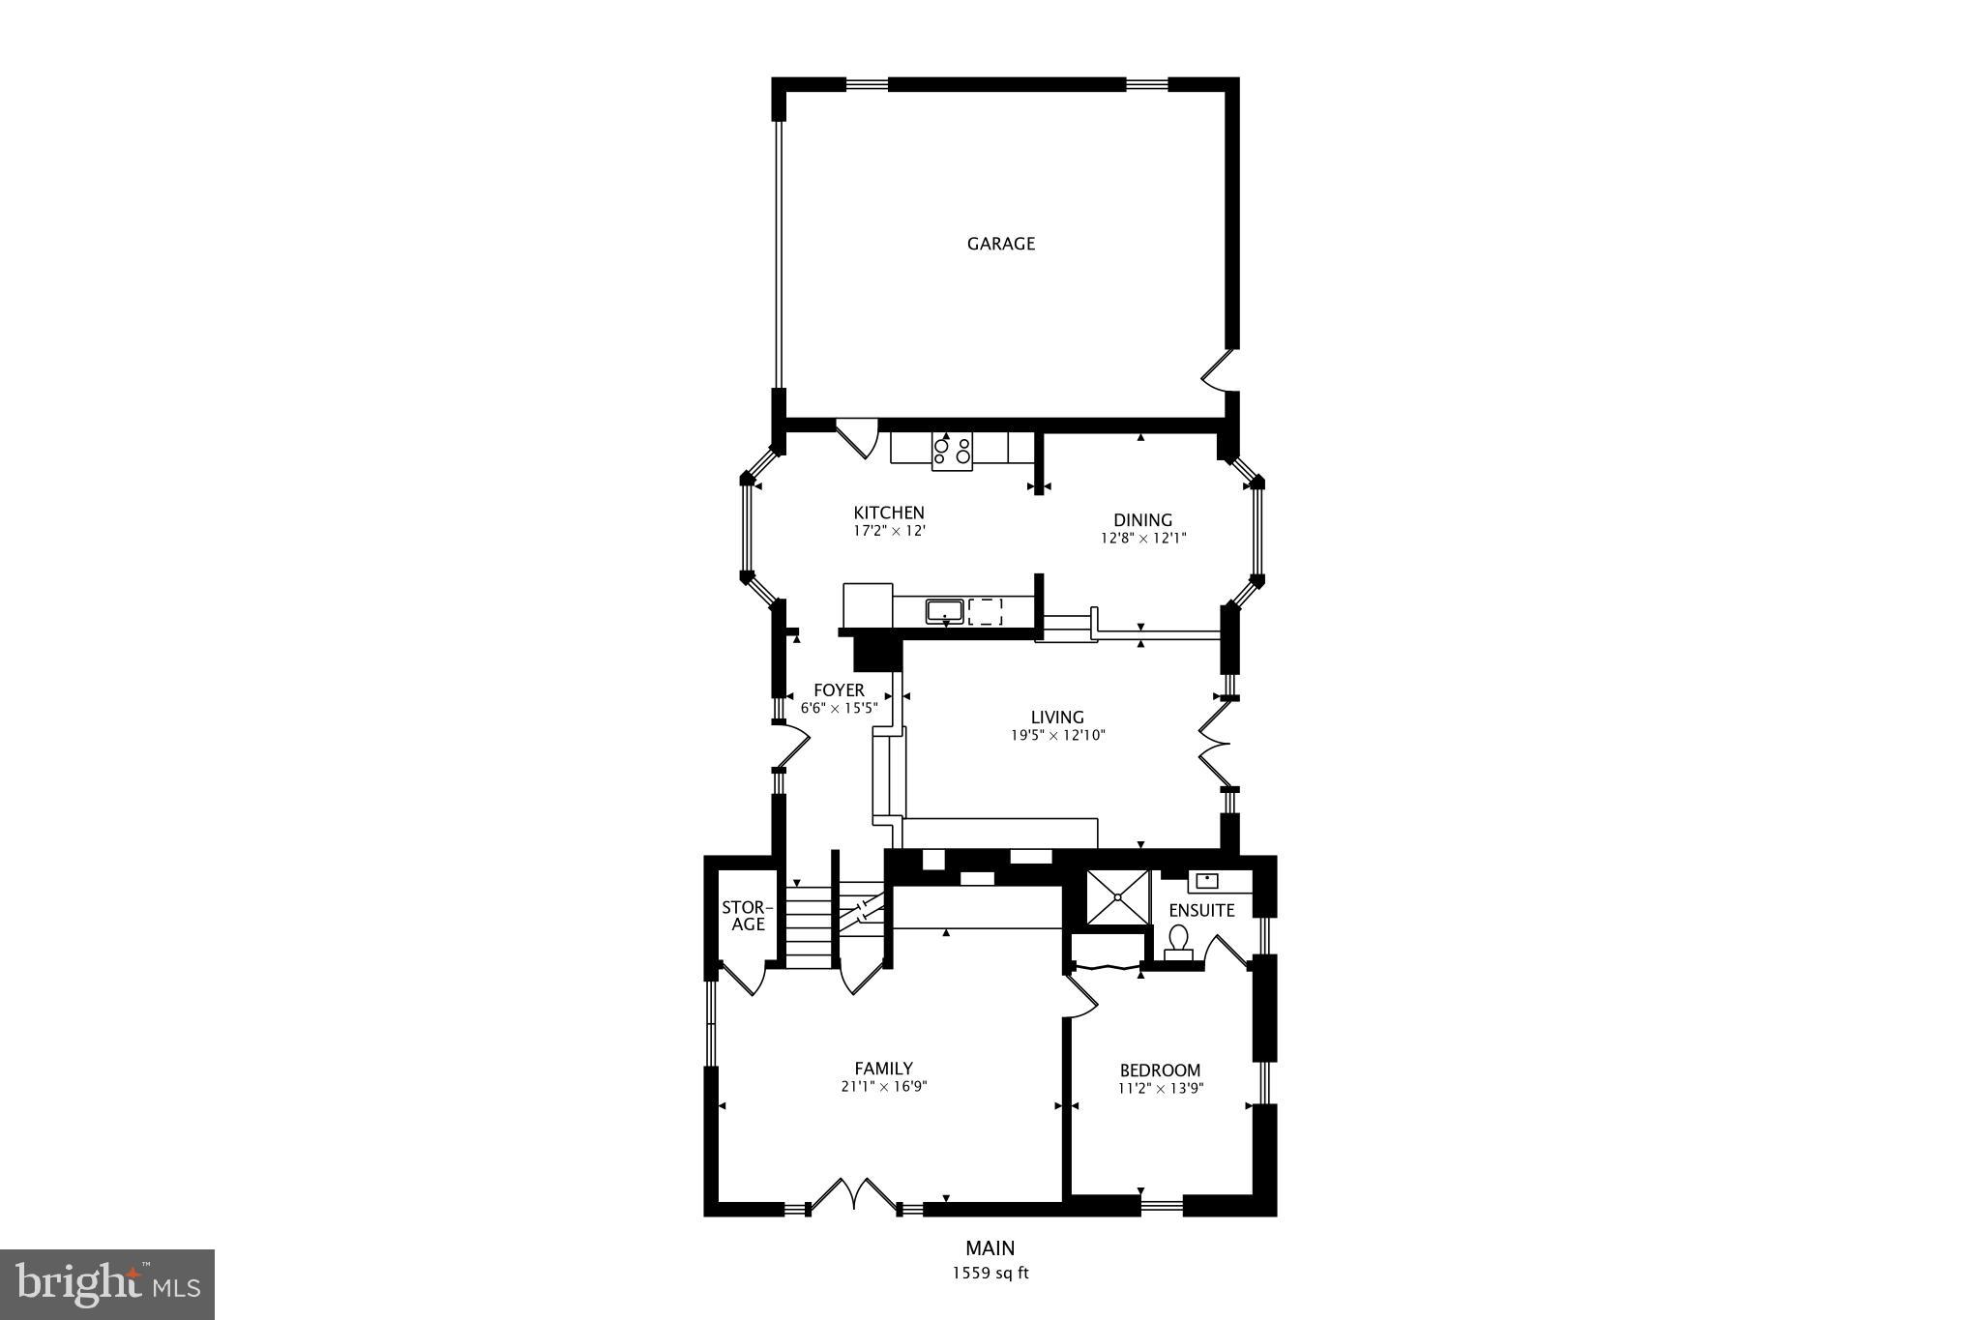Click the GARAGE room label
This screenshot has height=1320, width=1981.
click(x=1001, y=244)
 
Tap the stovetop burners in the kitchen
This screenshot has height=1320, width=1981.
click(x=952, y=452)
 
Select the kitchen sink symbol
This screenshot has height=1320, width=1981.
click(x=944, y=611)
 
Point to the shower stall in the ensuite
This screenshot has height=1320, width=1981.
click(x=1117, y=896)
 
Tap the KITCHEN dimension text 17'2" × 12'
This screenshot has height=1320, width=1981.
click(x=889, y=531)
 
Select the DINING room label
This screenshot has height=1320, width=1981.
click(x=1142, y=520)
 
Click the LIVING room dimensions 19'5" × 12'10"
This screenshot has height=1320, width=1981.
click(x=1056, y=735)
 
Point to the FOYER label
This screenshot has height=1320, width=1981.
click(x=839, y=690)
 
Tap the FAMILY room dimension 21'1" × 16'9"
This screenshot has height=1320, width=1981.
click(x=884, y=1086)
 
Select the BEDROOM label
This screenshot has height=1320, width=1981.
click(x=1160, y=1071)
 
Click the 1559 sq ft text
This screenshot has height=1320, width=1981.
click(x=990, y=1274)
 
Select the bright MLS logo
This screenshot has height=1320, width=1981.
click(x=107, y=1284)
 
